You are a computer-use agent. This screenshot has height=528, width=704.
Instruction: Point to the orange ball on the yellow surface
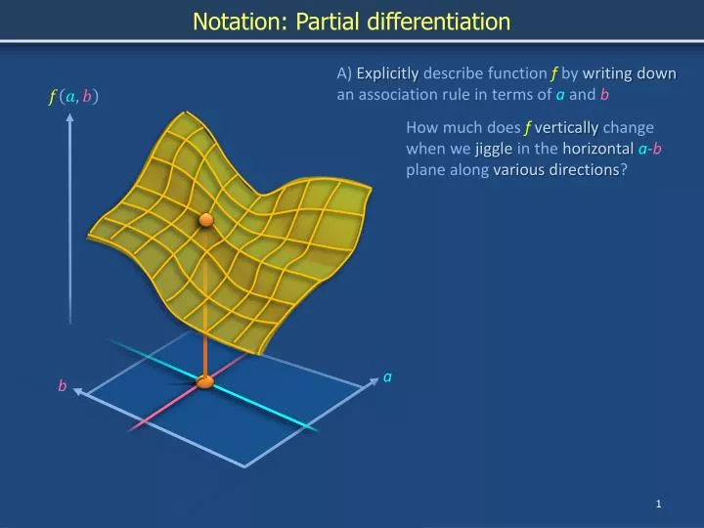point(206,220)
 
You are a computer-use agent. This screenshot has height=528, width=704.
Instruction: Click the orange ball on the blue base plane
point(205,381)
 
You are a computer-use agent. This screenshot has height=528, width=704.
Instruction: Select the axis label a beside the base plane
point(387,376)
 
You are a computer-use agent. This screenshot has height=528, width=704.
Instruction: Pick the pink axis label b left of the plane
point(62,386)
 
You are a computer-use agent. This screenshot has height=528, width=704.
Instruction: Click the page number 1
point(659,504)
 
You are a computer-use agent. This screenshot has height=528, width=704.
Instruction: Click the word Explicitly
point(387,73)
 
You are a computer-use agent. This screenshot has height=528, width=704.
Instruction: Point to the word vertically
point(567,127)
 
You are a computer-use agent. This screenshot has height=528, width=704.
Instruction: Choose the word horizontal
point(595,149)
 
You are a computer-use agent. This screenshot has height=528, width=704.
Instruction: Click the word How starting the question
point(421,127)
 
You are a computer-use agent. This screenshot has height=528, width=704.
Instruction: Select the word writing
point(607,73)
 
